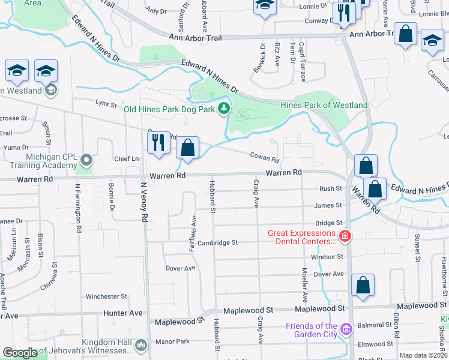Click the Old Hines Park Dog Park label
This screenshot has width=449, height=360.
click(x=170, y=109)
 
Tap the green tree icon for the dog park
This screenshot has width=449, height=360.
click(x=224, y=108)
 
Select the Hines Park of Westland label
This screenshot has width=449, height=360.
click(x=324, y=105)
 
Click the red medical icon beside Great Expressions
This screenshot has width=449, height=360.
click(x=345, y=236)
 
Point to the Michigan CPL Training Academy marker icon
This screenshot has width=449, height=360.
click(x=87, y=160)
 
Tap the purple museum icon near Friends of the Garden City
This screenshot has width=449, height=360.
click(x=345, y=329)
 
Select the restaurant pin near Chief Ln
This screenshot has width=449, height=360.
click(x=158, y=144)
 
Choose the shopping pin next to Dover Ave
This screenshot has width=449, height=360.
click(x=363, y=286)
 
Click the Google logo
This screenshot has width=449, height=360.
click(x=20, y=353)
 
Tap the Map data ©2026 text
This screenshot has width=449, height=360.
click(x=423, y=355)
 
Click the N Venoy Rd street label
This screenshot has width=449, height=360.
click(x=144, y=203)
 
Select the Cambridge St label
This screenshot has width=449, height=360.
click(x=218, y=242)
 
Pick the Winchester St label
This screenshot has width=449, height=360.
click(x=106, y=296)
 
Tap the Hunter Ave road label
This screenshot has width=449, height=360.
click(x=123, y=313)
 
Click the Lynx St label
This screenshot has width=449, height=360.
click(x=106, y=104)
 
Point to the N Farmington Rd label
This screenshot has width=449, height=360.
click(x=78, y=208)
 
